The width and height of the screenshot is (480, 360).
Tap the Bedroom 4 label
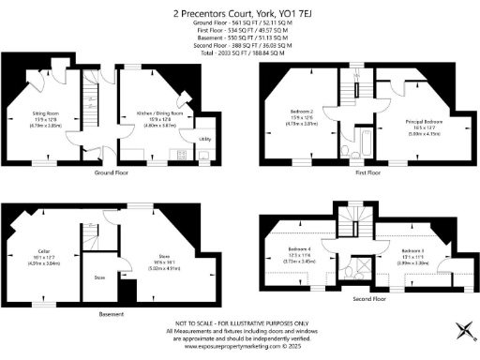point(299,249)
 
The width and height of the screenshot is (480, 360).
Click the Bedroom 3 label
point(413,251)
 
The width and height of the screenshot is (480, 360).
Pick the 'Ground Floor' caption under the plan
point(111,173)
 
